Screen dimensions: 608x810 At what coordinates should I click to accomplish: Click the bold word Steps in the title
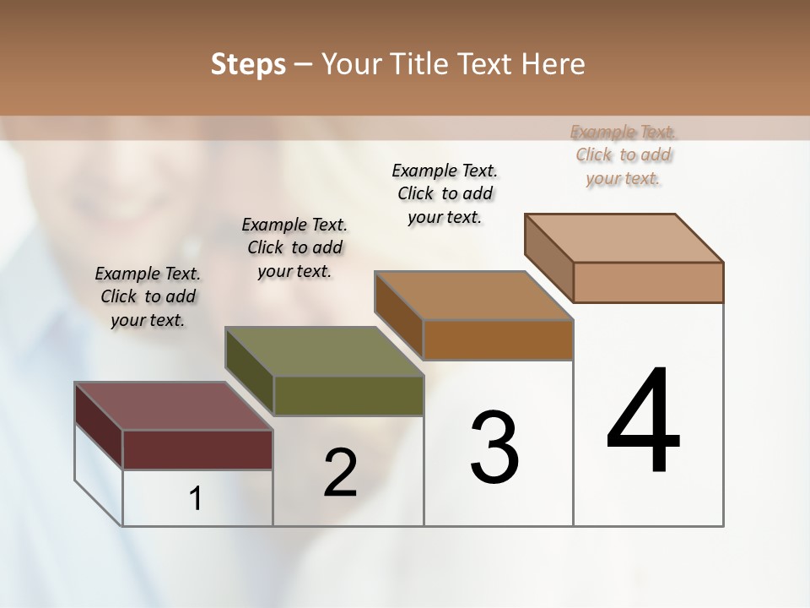coord(247,64)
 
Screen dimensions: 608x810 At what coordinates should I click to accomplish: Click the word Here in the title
coord(553,64)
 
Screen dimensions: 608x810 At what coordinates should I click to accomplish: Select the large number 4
coord(643,421)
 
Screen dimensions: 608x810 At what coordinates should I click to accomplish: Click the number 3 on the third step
coord(494,447)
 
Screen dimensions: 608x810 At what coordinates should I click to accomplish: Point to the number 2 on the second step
coord(340,473)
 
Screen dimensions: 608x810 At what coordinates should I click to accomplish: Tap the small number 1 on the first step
coord(196,498)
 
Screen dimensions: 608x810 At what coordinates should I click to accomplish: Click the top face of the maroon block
coord(174,406)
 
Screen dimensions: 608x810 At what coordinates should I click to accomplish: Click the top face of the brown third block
coord(473,296)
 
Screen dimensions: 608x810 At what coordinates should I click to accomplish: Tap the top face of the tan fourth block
coord(624,237)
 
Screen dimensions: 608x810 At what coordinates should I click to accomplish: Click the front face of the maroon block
coord(197,449)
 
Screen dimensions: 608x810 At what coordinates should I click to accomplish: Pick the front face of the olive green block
coord(348,395)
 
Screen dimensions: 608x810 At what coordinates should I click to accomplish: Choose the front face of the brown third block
coord(498,339)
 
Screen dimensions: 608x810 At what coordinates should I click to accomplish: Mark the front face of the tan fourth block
coord(648,282)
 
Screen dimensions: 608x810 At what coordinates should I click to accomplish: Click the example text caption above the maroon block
coord(148,296)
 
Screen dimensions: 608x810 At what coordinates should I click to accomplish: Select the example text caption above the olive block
coord(294,247)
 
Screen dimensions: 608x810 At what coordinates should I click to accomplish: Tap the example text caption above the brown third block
coord(445,193)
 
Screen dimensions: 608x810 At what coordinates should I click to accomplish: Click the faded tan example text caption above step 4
coord(624,155)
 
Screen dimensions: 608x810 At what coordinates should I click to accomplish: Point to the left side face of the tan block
coord(549,257)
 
